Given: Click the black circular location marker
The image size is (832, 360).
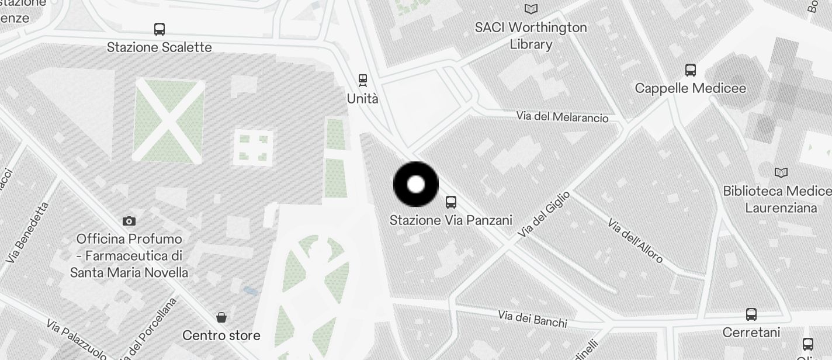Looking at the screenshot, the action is (416, 185).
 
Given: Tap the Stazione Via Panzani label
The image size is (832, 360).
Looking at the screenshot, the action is (450, 220).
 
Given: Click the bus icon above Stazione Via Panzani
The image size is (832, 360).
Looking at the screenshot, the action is (451, 202).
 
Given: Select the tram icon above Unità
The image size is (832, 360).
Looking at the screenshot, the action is (363, 80).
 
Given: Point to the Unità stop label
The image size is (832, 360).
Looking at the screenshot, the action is (362, 99).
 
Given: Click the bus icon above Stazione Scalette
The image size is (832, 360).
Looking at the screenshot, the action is (160, 29).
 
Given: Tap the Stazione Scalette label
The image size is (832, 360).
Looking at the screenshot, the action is (160, 47).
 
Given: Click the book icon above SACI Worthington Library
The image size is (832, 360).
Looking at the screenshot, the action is (531, 9).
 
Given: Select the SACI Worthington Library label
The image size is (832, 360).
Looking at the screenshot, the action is (531, 36).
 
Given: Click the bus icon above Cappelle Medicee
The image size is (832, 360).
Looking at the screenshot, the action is (691, 70).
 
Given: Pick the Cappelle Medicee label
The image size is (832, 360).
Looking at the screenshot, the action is (690, 88).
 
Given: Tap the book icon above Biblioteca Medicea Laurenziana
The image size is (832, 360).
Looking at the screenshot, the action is (781, 172).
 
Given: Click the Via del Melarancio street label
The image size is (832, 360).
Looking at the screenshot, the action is (562, 117).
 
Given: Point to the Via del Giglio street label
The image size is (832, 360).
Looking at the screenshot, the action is (543, 214).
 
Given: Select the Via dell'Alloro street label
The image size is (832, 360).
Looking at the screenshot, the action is (635, 240).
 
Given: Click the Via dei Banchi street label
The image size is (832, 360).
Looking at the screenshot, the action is (532, 319).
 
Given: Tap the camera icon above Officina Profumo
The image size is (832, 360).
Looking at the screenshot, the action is (129, 221).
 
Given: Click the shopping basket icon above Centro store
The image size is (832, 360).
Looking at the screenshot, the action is (221, 317).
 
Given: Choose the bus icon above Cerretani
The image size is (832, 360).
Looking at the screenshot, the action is (751, 314).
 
